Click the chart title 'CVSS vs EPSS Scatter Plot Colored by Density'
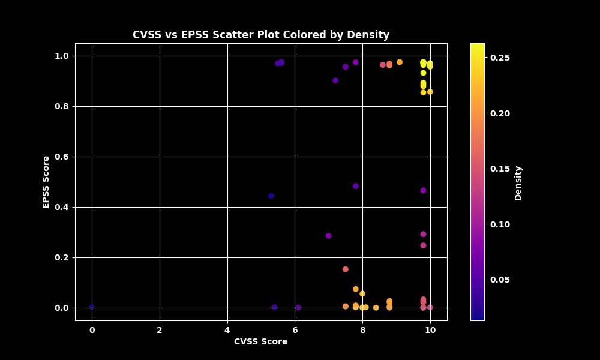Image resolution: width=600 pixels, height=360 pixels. click(261, 35)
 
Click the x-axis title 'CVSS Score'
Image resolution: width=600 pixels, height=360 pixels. click(260, 342)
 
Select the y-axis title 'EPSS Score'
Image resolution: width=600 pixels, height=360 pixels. click(46, 182)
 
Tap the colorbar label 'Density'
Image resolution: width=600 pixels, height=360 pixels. click(518, 183)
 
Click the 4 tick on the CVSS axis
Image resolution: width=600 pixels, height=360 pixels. click(227, 329)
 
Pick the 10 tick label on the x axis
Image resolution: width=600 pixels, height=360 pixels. click(430, 329)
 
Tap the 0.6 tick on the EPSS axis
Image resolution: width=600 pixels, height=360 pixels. click(61, 157)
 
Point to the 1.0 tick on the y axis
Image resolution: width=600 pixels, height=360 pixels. click(61, 56)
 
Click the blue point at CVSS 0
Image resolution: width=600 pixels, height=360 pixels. click(92, 307)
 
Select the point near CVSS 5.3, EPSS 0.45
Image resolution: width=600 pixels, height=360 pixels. click(271, 196)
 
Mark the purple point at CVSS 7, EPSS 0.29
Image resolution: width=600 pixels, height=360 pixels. click(329, 236)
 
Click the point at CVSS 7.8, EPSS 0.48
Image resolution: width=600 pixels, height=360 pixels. click(356, 186)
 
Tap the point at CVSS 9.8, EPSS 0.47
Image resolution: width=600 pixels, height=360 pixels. click(423, 190)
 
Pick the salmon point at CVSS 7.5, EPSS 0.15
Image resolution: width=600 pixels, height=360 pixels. click(346, 269)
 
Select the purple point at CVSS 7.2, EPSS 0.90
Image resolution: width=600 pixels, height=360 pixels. click(335, 80)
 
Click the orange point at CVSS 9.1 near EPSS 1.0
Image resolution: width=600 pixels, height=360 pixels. click(400, 62)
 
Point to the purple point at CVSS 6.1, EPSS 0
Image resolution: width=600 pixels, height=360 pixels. click(298, 307)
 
